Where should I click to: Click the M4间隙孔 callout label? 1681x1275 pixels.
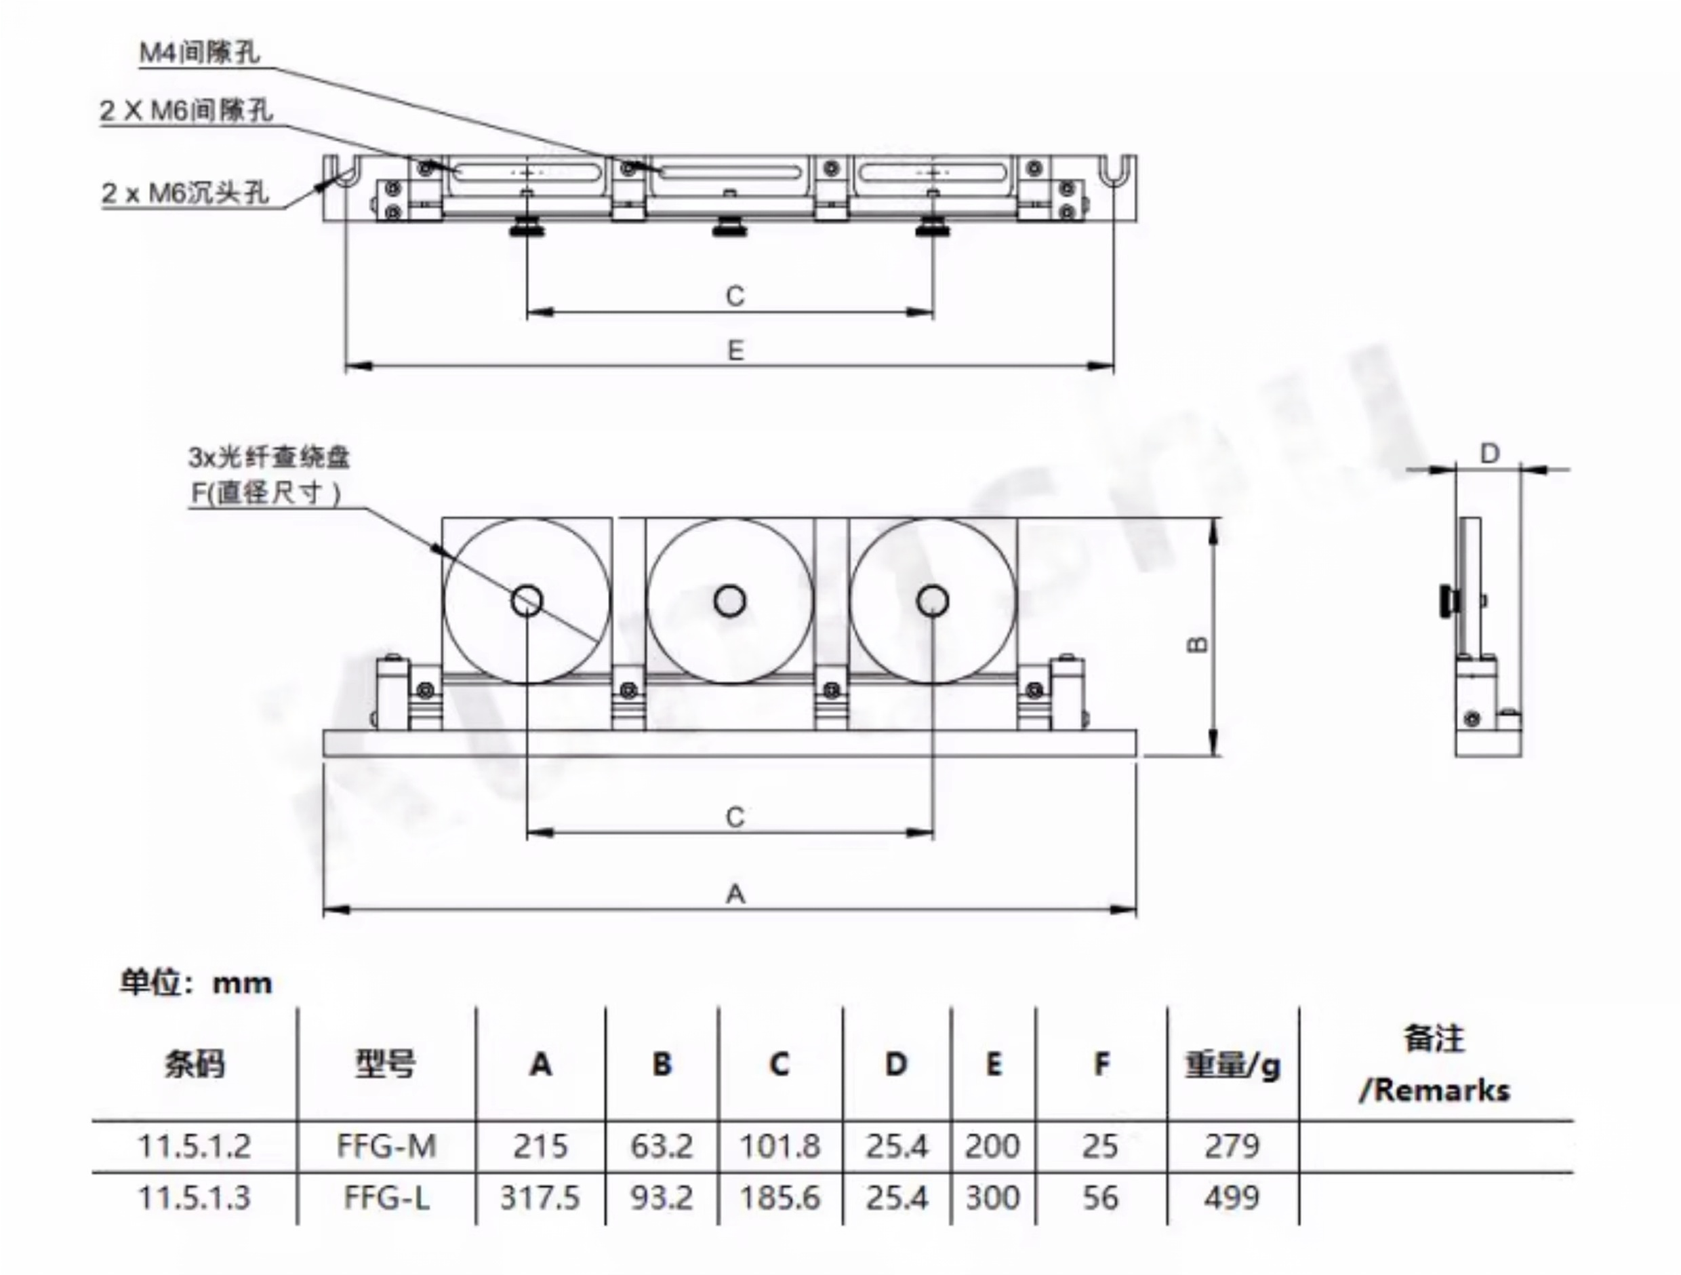(199, 52)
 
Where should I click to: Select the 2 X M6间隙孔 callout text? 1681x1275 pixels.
(186, 111)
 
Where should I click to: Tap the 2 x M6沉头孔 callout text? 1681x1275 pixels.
(186, 193)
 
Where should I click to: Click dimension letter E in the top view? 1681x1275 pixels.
(735, 351)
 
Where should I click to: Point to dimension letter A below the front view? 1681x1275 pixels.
(735, 894)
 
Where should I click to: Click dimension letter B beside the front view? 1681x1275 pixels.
(1197, 644)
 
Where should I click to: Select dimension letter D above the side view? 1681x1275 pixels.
(1489, 454)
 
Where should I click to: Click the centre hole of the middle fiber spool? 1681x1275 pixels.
(729, 601)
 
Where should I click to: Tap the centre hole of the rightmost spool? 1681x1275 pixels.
(933, 601)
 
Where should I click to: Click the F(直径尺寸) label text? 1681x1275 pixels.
(265, 494)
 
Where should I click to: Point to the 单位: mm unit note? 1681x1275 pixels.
(196, 983)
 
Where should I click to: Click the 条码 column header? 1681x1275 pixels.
(195, 1063)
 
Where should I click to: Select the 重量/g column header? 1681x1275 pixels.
(1232, 1065)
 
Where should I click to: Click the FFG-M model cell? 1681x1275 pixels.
(387, 1145)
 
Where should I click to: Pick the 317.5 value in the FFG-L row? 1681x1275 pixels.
(540, 1198)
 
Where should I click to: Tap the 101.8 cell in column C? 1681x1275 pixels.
(779, 1145)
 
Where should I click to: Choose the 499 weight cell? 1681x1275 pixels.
(1232, 1198)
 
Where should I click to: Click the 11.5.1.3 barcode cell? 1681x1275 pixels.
(194, 1198)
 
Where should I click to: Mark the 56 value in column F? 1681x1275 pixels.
(1099, 1198)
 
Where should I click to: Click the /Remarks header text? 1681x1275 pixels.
(1434, 1091)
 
